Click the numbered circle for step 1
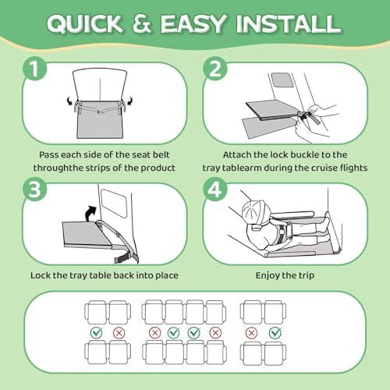point(35,69)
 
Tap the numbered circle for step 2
point(215,69)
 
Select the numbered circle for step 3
point(35,189)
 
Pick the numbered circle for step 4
point(215,189)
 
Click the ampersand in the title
point(141,23)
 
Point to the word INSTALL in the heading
point(289,23)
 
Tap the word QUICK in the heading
point(85,24)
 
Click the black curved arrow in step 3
point(91,213)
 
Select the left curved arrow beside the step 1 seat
point(69,101)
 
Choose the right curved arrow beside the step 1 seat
point(129,101)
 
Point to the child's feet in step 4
point(324,223)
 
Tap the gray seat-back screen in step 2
point(281,80)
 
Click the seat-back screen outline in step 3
point(114,204)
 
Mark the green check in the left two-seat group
point(97,332)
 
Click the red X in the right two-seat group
point(251,333)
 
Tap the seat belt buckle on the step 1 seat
point(100,112)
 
